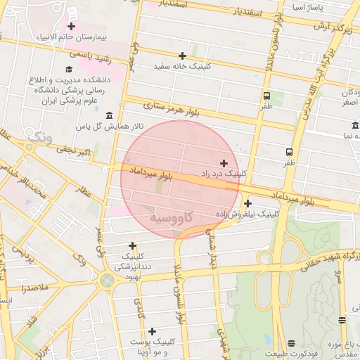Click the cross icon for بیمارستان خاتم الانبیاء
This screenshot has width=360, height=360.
(71, 26)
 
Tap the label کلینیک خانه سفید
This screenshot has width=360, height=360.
(183, 67)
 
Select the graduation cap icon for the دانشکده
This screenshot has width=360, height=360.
(69, 69)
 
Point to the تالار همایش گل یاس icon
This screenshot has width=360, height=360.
(108, 115)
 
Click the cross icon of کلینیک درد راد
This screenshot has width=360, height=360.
(224, 162)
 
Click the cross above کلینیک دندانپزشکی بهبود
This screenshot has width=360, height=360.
(132, 245)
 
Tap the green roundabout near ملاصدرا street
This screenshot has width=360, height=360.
(107, 281)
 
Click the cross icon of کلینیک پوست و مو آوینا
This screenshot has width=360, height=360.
(152, 330)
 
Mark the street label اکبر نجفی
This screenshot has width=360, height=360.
(75, 150)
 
